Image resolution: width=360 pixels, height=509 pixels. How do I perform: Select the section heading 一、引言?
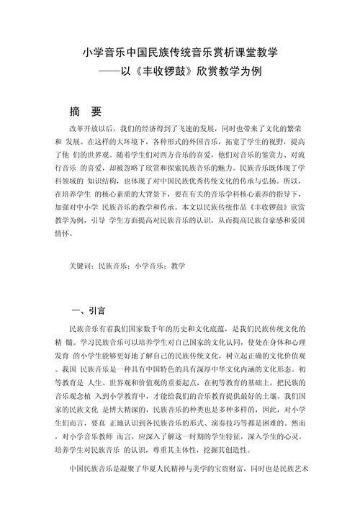pos(89,311)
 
